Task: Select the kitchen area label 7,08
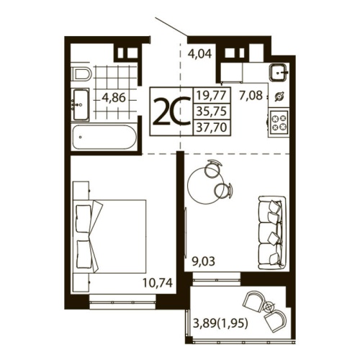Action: [252, 94]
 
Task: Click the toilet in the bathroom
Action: [81, 74]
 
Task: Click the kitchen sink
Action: [279, 73]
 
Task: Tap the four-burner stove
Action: [279, 120]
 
